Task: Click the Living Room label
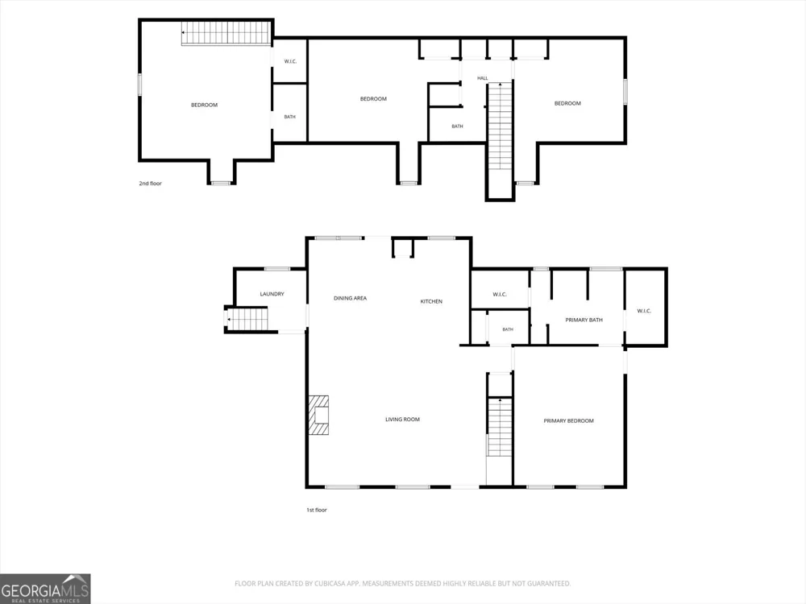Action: tap(402, 419)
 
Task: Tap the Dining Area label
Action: tap(350, 298)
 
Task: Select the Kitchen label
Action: tap(431, 301)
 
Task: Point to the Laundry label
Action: tap(272, 294)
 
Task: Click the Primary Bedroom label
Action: tap(568, 420)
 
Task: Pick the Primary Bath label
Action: tap(584, 320)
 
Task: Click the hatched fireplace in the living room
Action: tap(318, 415)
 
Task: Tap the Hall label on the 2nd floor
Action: tap(482, 78)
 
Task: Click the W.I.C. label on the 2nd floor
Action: tap(290, 62)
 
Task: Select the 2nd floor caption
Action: tap(150, 184)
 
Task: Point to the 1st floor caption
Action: tap(317, 510)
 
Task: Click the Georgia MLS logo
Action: tap(45, 589)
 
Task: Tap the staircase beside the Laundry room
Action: tap(247, 318)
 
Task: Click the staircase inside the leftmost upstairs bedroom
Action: tap(226, 33)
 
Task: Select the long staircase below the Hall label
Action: tap(501, 126)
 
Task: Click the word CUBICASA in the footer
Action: tap(328, 583)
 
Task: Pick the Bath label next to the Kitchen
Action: tap(508, 329)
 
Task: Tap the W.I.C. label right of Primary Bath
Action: tap(644, 311)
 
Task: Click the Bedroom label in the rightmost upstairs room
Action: tap(567, 103)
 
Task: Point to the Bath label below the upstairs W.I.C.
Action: tap(290, 117)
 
